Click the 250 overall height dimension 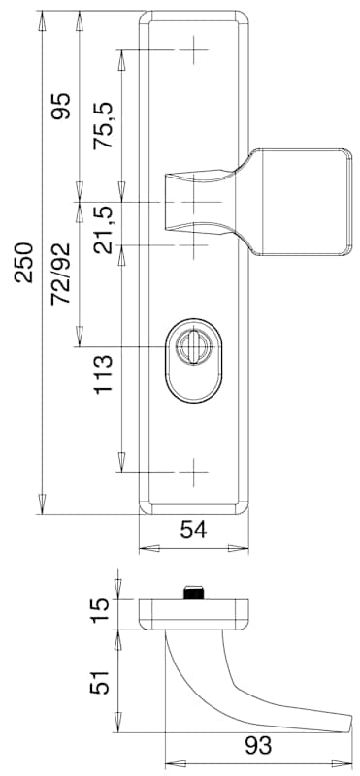coord(24,262)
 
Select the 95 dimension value coord(62,106)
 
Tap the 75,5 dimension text coord(104,126)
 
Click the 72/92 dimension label coord(62,274)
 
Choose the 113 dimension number coord(104,373)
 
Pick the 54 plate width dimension coord(194,530)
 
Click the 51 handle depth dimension coord(100,683)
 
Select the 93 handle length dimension coord(257,745)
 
